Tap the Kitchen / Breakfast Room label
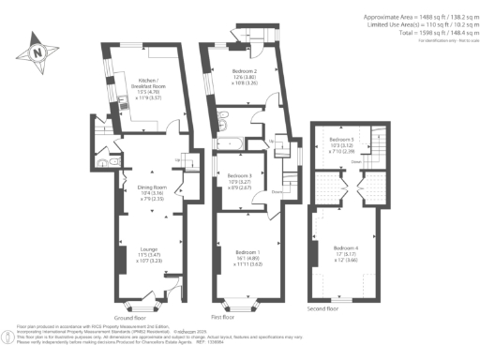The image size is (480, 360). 149,87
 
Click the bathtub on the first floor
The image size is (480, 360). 229,142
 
